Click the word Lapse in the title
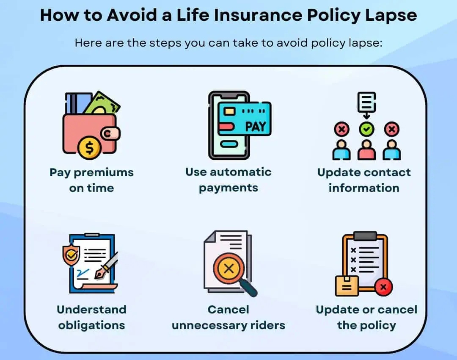click(x=391, y=16)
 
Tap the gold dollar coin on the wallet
click(x=89, y=148)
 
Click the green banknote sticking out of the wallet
click(x=102, y=104)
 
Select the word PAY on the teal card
click(x=256, y=127)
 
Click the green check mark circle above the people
click(x=366, y=129)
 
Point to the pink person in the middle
click(x=366, y=150)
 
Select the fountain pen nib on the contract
click(x=101, y=273)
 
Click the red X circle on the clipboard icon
click(x=383, y=287)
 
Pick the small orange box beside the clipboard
click(x=347, y=285)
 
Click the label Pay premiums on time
click(x=91, y=180)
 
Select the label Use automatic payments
click(x=228, y=180)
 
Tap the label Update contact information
click(x=364, y=180)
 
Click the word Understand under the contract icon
click(x=91, y=310)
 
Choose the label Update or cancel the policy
click(x=366, y=317)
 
